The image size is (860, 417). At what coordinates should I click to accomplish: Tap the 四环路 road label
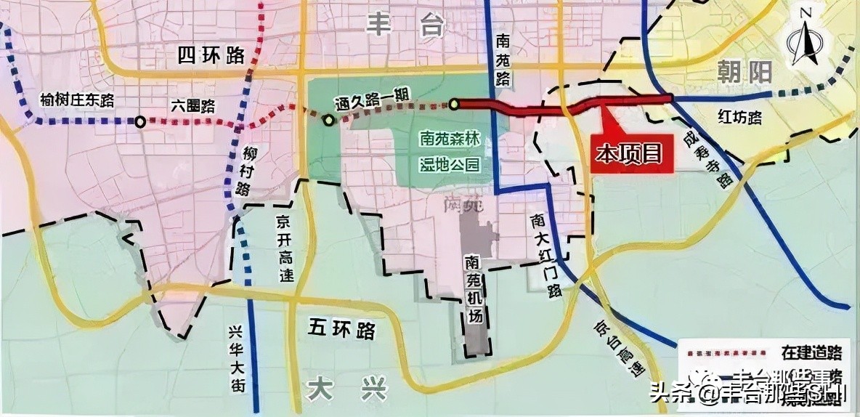(x=210, y=55)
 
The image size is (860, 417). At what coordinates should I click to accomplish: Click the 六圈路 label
(x=192, y=105)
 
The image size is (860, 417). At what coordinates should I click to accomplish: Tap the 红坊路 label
(x=739, y=115)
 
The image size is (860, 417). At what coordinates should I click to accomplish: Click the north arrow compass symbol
(x=806, y=44)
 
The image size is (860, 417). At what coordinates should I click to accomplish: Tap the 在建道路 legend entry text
(x=812, y=353)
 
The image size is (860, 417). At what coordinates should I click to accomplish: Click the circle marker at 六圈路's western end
(x=139, y=121)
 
